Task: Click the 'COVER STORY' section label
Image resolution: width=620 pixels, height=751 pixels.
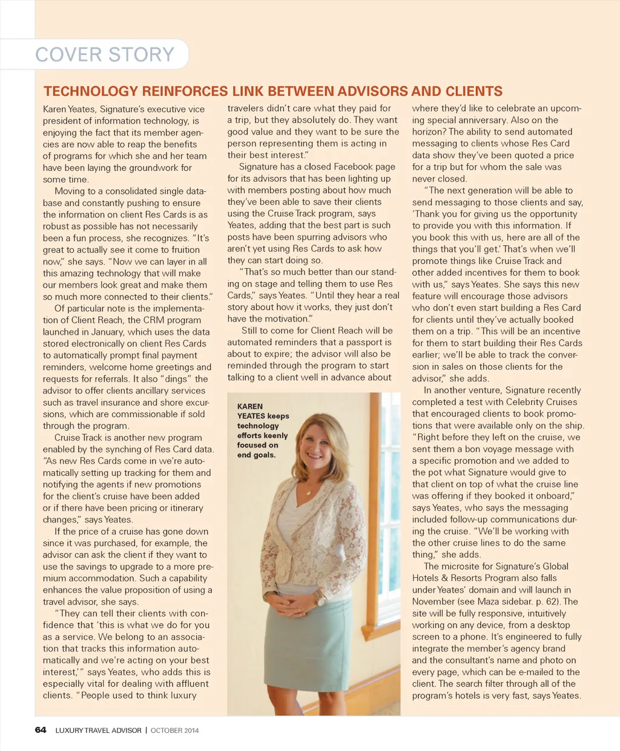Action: (x=105, y=55)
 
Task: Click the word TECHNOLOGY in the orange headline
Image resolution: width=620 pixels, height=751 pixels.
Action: (x=91, y=91)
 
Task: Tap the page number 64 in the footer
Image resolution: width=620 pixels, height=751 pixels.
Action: (x=41, y=730)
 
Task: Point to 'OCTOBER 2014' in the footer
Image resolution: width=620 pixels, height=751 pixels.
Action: (x=174, y=730)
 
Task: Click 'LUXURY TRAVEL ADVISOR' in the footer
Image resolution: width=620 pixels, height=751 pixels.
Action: (x=98, y=730)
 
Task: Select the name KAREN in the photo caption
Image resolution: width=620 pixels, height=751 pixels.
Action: (x=250, y=406)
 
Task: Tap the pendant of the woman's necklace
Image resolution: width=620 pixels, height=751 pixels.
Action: (x=309, y=494)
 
